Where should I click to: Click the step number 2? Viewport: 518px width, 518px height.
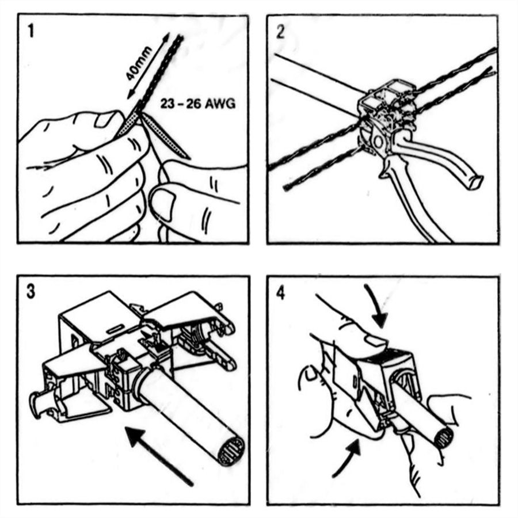coord(281,31)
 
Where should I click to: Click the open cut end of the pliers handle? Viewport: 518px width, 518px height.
coord(475,184)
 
